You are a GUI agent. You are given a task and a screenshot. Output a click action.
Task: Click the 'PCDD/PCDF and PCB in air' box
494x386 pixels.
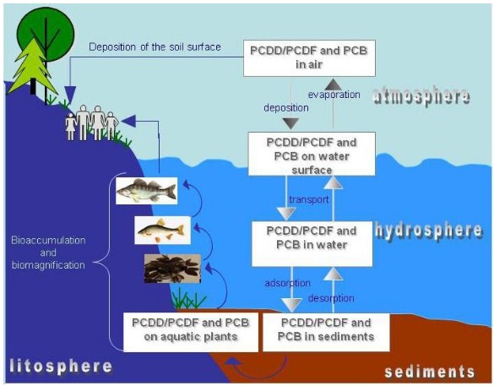coord(309,58)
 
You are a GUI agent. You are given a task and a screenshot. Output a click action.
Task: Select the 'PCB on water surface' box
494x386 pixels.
coord(312,154)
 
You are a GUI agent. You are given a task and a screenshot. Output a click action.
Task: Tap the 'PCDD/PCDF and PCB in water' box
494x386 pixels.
coord(312,243)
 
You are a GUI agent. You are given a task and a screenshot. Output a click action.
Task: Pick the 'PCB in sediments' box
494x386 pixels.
coord(326,332)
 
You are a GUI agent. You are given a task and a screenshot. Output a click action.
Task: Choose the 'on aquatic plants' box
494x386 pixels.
coord(191,332)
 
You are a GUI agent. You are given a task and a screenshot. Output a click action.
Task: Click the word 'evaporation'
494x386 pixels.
coord(334,95)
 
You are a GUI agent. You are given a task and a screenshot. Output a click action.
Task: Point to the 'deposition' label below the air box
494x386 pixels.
coord(286,108)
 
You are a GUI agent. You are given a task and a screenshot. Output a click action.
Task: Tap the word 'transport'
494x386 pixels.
coord(309,199)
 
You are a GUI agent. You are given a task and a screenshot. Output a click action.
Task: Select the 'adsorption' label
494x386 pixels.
coord(287,283)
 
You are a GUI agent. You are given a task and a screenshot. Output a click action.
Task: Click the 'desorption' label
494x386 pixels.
coord(331,298)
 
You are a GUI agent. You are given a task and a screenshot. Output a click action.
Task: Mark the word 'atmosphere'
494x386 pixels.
coord(421,96)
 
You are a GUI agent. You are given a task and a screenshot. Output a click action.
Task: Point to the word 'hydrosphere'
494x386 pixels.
coord(429,231)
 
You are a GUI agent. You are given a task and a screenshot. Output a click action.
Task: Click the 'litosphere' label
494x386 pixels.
coord(61,366)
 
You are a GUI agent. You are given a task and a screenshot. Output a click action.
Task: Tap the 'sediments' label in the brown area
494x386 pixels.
coord(430,372)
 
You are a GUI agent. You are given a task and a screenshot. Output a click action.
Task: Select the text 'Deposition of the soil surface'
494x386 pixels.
coord(155,47)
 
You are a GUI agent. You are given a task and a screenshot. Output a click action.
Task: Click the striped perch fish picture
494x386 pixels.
coord(146,191)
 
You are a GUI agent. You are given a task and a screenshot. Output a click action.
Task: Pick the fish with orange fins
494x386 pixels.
coord(163,231)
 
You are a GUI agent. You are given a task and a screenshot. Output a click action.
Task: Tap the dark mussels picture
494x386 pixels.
coord(172,269)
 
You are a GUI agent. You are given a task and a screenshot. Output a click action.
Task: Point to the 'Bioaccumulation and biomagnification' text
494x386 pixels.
coord(48,253)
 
